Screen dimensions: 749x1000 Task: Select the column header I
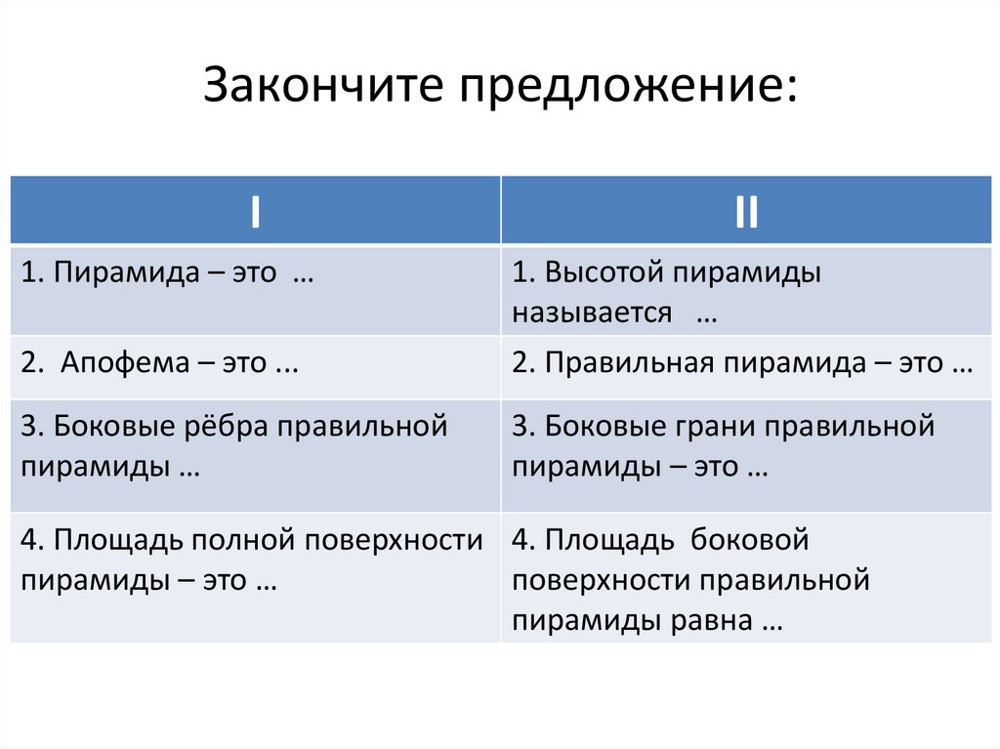[x=255, y=211]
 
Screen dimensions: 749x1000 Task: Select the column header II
[x=747, y=211]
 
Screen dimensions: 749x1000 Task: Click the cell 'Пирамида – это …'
[x=167, y=272]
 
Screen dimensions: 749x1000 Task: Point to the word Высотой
[x=603, y=272]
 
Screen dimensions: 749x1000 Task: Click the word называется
[x=592, y=312]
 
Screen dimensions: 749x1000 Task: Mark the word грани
[x=710, y=427]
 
